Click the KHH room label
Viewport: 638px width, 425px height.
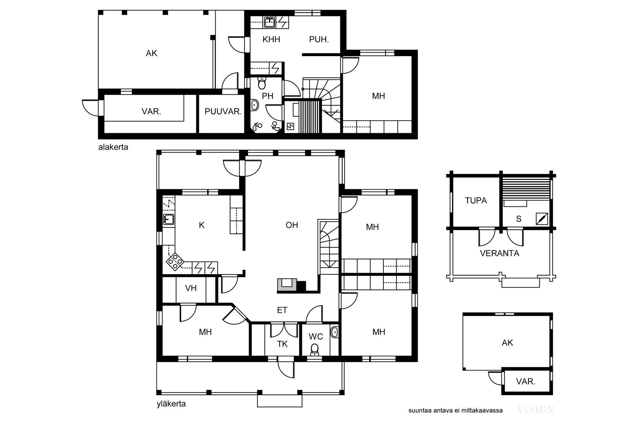point(271,40)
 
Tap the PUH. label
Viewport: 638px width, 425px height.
point(319,40)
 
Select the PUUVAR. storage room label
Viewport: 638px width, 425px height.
point(223,112)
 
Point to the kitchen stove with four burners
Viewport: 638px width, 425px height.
point(175,261)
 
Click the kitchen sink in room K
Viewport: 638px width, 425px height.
point(168,219)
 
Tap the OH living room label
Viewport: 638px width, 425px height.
point(292,225)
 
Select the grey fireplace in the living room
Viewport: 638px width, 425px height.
point(287,285)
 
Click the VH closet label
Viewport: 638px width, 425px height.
point(191,288)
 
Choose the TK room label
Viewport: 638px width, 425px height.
point(282,344)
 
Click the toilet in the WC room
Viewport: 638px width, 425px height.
point(314,350)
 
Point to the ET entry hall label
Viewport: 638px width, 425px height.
point(282,310)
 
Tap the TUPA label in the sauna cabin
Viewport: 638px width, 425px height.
point(476,201)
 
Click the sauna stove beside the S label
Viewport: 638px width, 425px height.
point(542,218)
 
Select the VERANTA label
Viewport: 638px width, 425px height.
point(499,253)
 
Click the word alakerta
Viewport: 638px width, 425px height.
point(113,147)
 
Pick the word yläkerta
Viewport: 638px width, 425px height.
point(171,404)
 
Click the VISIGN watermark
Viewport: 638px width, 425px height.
point(535,410)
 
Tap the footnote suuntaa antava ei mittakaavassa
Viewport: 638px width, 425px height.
point(456,410)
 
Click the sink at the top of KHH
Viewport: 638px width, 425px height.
point(269,22)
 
